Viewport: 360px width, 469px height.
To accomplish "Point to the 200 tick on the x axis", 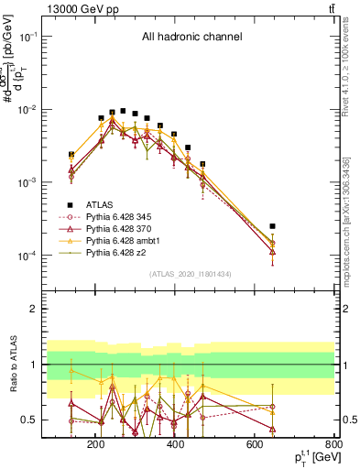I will point(95,444).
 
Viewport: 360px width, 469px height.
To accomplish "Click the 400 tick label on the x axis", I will point(175,444).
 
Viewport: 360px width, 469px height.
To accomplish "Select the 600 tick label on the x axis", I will point(255,444).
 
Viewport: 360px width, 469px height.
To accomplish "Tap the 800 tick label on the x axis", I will point(333,444).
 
